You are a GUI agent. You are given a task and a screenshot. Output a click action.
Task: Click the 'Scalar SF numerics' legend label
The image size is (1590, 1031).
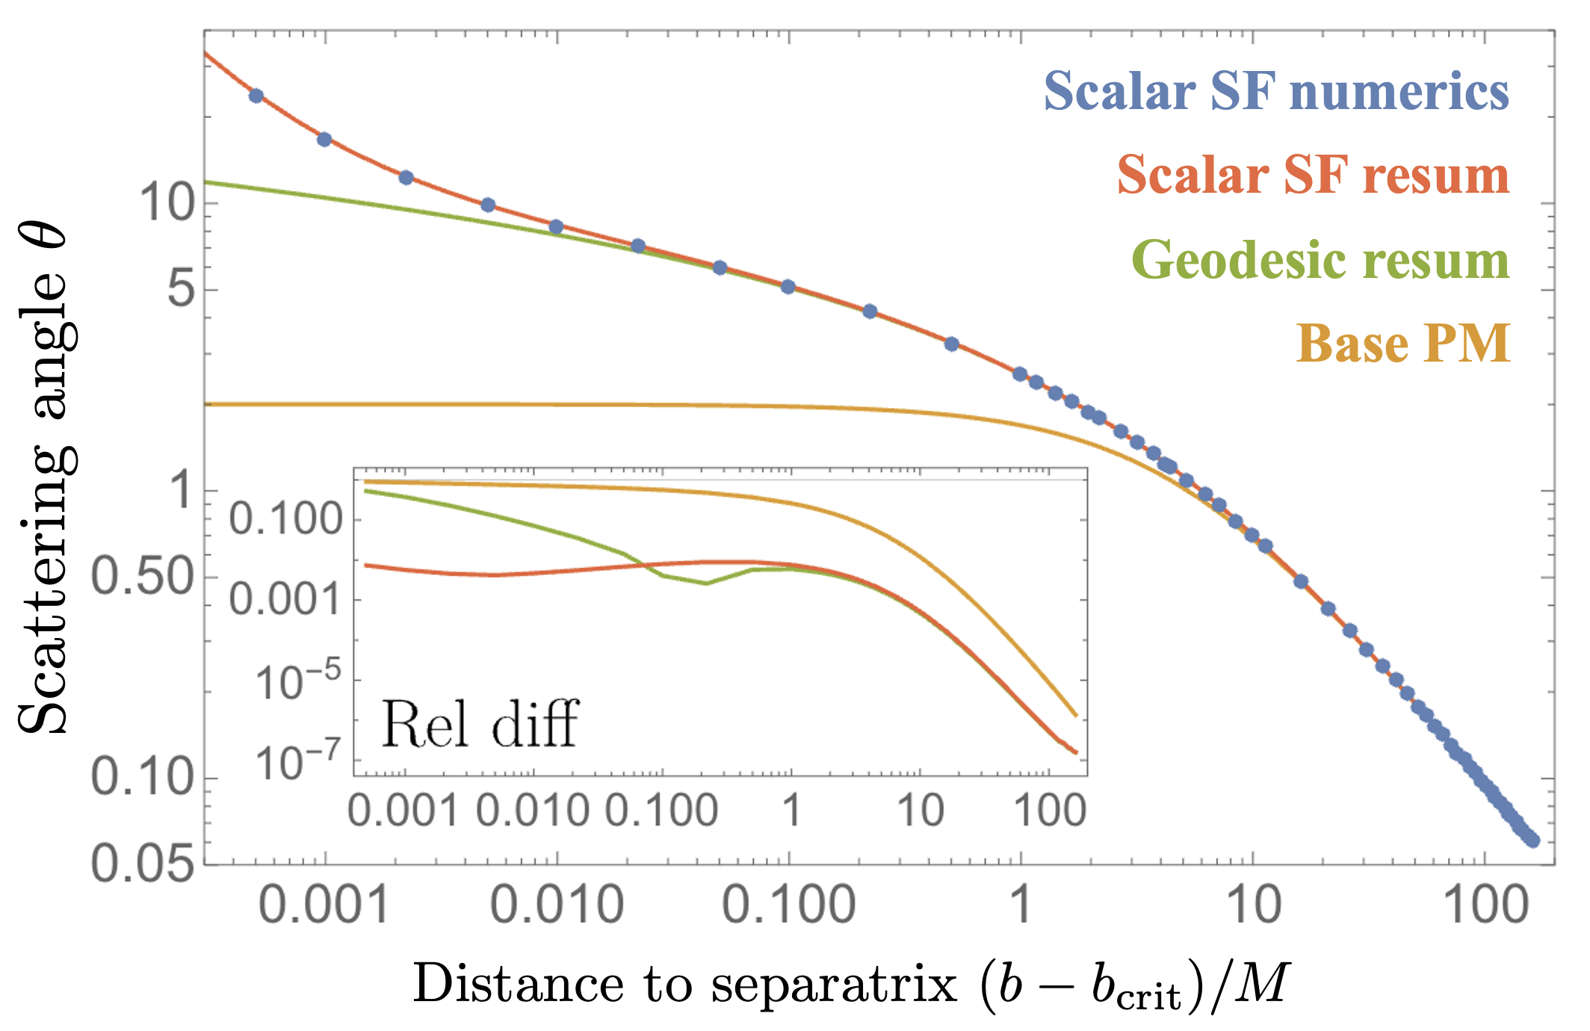point(1276,91)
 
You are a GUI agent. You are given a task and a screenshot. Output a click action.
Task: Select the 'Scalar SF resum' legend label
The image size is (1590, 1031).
point(1313,175)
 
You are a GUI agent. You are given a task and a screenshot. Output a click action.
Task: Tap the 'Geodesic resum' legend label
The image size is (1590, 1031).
point(1320,260)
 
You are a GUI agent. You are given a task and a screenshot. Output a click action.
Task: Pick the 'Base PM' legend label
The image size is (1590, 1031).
point(1403,344)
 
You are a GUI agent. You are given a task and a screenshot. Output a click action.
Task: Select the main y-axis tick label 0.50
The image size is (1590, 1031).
point(142,577)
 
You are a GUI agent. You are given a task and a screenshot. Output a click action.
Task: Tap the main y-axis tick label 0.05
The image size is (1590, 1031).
point(142,864)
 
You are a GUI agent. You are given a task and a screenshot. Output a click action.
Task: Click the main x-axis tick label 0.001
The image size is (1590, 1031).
point(324,905)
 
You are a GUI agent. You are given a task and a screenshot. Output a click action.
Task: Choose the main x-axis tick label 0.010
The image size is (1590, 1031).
point(557,905)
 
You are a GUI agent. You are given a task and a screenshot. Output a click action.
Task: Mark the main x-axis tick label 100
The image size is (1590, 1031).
point(1485,905)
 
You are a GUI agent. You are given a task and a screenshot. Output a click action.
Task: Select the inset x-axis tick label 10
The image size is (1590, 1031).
point(920,810)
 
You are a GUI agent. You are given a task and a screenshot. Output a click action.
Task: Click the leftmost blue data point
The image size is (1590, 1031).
point(256,96)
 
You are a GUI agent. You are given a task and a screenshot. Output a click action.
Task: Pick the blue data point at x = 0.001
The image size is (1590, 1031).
point(324,140)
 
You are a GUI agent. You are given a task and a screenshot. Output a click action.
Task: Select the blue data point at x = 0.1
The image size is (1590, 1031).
point(788,287)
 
